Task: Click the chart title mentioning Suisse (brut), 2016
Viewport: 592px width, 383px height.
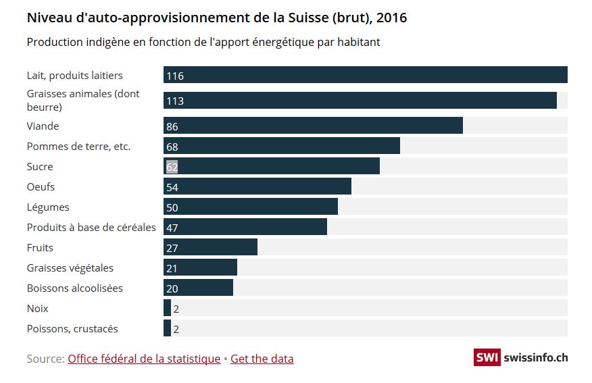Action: pos(217,18)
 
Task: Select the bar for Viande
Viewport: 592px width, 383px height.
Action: pos(313,126)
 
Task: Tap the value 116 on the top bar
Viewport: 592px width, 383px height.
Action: pos(175,76)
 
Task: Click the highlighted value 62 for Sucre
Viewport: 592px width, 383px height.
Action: pos(172,167)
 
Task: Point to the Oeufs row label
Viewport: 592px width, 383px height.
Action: pos(41,186)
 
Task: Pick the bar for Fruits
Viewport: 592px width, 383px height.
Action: pos(210,247)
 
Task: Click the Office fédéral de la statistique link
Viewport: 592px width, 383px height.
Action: pos(144,359)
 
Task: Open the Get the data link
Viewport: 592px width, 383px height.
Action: pos(262,359)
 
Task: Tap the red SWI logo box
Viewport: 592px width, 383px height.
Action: pos(487,358)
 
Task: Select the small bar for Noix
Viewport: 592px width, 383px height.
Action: pos(167,308)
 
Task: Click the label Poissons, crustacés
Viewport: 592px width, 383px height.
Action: pos(72,329)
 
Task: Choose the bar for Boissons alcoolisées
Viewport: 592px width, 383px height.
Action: pos(198,288)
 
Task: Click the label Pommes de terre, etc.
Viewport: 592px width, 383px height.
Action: pos(78,146)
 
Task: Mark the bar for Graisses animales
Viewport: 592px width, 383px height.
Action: pos(360,101)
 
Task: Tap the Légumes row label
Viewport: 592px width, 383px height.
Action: pos(48,207)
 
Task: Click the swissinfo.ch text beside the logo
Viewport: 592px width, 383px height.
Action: pos(536,358)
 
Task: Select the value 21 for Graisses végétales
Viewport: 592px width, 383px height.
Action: pos(172,268)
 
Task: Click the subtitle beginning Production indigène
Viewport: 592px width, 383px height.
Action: pos(203,42)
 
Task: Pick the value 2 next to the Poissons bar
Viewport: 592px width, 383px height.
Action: pos(176,329)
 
